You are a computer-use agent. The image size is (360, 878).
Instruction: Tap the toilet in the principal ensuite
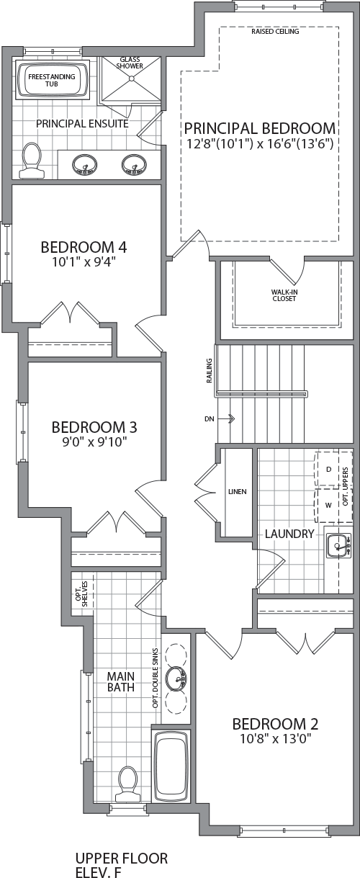coord(32,161)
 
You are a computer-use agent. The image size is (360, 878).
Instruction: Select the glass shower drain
coord(131,79)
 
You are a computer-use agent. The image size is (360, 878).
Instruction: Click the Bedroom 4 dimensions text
coord(84,261)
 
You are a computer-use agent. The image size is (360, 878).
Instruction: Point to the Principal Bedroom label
coord(260,128)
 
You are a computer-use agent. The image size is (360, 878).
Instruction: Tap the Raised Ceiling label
coord(275,32)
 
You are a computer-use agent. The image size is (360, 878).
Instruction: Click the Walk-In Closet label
coord(284,295)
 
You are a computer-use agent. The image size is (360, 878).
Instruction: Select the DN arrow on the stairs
coord(226,418)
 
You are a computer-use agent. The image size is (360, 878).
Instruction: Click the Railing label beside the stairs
coord(210,370)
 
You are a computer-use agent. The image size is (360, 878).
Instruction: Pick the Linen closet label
coord(238,491)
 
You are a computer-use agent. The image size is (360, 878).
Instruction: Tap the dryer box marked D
coord(328,469)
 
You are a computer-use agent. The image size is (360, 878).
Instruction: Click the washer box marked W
coord(328,505)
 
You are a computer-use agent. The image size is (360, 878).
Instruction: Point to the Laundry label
coord(289,534)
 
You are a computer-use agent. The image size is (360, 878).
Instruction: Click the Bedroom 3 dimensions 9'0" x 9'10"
coord(94,442)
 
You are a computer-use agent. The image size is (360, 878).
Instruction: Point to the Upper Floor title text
coord(122,858)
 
